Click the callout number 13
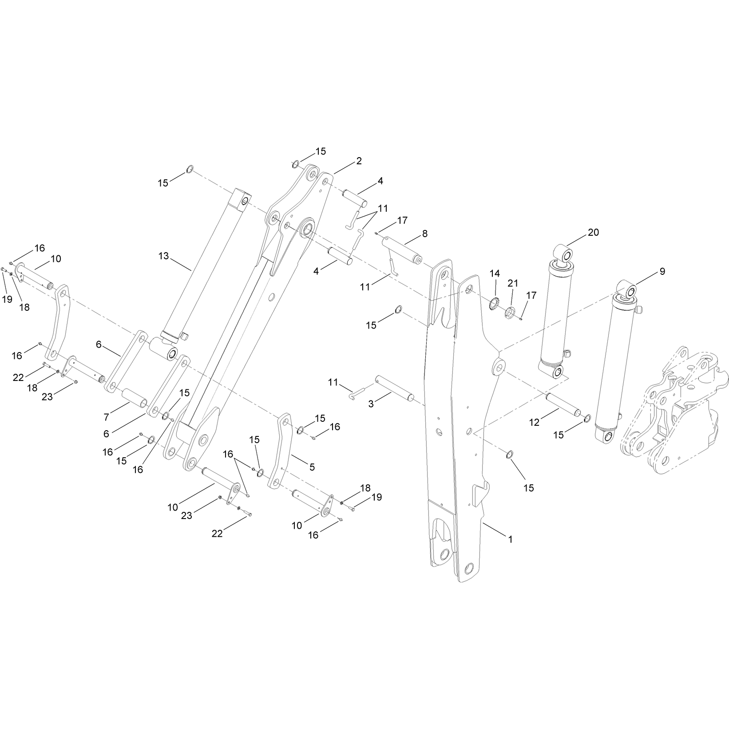point(164,256)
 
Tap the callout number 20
point(594,232)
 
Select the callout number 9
point(662,271)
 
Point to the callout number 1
point(511,539)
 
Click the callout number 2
point(359,161)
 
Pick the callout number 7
point(107,417)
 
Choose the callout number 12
point(534,423)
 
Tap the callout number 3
point(371,404)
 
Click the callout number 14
point(495,273)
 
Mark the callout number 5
point(312,467)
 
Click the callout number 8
point(425,234)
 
